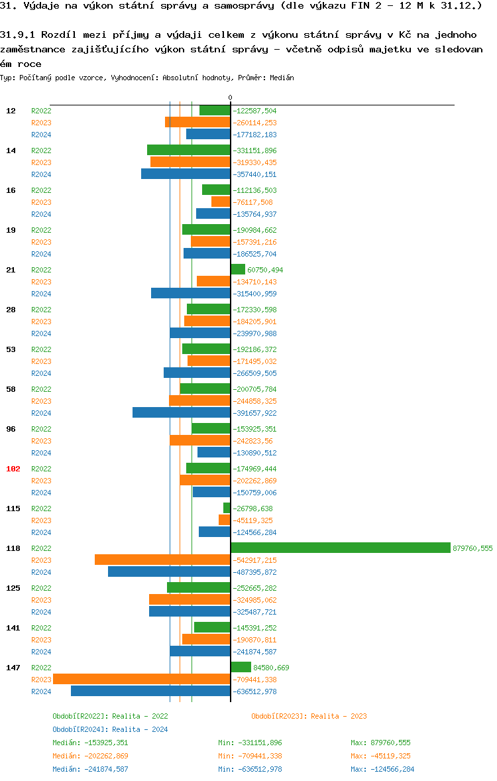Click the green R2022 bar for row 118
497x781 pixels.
pyautogui.click(x=341, y=548)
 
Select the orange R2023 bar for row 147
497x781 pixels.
pyautogui.click(x=142, y=679)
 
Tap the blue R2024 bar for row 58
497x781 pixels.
pyautogui.click(x=182, y=412)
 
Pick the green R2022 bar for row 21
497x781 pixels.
pyautogui.click(x=238, y=269)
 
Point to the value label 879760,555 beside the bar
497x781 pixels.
pyautogui.click(x=472, y=548)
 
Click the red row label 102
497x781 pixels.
pyautogui.click(x=13, y=469)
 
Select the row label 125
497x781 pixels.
pyautogui.click(x=13, y=588)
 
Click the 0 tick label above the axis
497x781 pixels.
pyautogui.click(x=231, y=97)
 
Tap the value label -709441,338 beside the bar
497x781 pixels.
pyautogui.click(x=255, y=680)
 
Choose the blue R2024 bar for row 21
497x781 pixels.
pyautogui.click(x=191, y=293)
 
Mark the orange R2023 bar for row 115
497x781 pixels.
pyautogui.click(x=225, y=520)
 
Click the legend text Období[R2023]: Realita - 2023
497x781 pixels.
pyautogui.click(x=309, y=716)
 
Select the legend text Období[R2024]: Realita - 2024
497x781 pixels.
pyautogui.click(x=110, y=729)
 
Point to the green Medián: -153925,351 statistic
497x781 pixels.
pyautogui.click(x=90, y=743)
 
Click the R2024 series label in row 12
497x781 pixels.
pyautogui.click(x=41, y=135)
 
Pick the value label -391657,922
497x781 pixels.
pyautogui.click(x=255, y=413)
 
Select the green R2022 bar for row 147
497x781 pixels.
pyautogui.click(x=241, y=667)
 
